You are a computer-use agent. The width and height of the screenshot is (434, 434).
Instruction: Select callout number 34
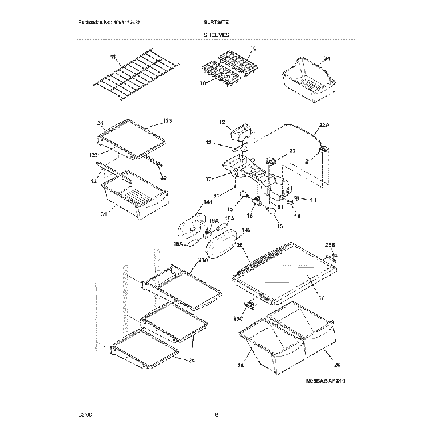[x=327, y=58]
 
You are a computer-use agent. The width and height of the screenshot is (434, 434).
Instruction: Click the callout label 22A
[x=325, y=125]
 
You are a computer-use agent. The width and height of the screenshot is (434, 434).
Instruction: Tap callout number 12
[x=222, y=122]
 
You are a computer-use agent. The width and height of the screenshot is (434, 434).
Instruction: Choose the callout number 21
[x=309, y=161]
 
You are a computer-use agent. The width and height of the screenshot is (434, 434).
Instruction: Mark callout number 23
[x=292, y=151]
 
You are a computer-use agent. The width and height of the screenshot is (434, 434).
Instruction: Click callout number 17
[x=208, y=178]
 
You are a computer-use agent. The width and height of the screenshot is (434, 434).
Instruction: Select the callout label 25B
[x=329, y=245]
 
